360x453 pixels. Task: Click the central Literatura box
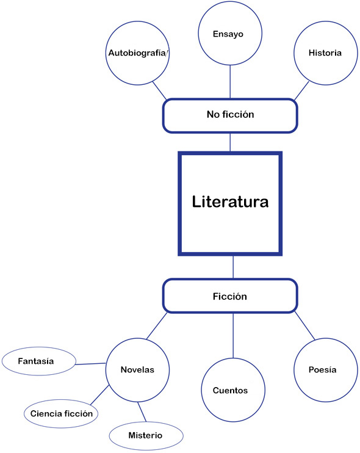click(x=230, y=203)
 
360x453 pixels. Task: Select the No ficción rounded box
click(x=230, y=115)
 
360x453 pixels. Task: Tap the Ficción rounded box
click(x=230, y=296)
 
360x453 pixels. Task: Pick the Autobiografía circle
click(x=138, y=53)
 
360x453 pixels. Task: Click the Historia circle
click(x=325, y=53)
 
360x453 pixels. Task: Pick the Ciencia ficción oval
click(x=62, y=413)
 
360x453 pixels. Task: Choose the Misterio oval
click(x=145, y=435)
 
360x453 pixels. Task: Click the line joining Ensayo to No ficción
click(x=230, y=82)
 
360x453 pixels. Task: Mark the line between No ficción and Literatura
click(x=230, y=142)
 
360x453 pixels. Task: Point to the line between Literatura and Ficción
click(x=233, y=267)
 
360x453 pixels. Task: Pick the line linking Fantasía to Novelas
click(x=90, y=364)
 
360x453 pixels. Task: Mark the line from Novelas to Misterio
click(x=142, y=411)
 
